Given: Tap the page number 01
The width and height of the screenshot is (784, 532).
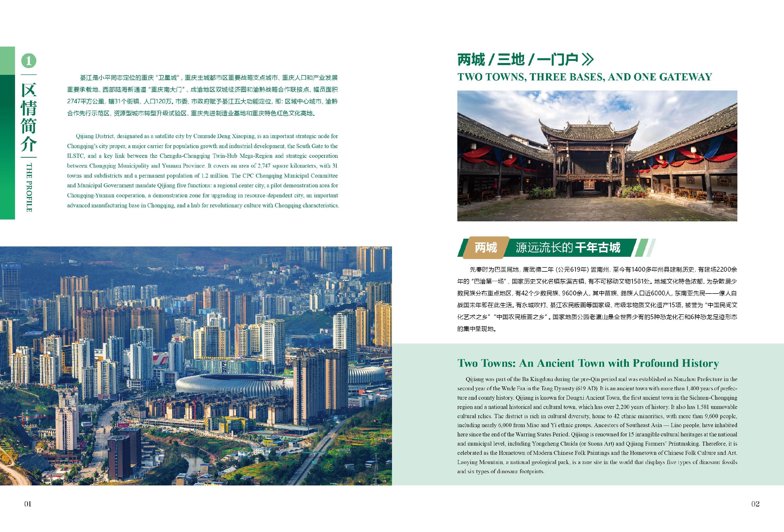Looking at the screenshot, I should tap(28, 504).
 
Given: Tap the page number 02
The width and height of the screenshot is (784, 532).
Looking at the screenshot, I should tap(755, 504).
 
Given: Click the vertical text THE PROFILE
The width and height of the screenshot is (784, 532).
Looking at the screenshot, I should tap(29, 187).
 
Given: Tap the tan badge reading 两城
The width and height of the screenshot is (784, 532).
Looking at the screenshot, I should tap(486, 248).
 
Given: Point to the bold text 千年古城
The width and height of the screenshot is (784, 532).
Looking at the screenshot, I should tap(597, 248).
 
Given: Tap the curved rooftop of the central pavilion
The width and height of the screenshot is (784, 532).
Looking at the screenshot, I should tap(589, 130).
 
